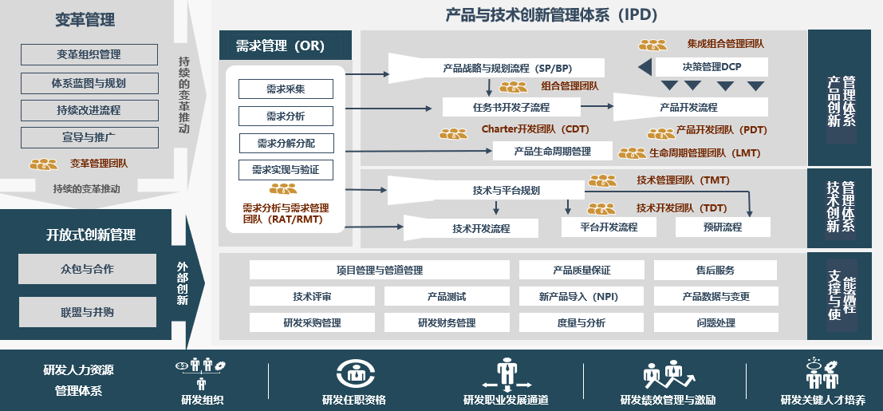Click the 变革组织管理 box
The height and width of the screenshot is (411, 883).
[89, 54]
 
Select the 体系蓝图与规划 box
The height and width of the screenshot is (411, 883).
[89, 82]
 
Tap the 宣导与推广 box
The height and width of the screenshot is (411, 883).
[89, 137]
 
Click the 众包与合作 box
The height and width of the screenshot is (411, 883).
[87, 269]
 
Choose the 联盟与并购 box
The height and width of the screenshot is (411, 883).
[87, 312]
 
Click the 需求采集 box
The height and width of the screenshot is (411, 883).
[286, 89]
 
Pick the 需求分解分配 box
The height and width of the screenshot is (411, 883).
[286, 143]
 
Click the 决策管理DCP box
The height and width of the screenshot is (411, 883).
[712, 67]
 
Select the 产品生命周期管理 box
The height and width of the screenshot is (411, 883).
[552, 151]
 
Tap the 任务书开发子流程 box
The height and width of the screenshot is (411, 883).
[510, 107]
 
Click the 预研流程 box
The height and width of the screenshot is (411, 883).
[723, 227]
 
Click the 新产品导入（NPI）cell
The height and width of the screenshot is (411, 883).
[581, 296]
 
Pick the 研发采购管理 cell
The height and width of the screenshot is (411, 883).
[312, 323]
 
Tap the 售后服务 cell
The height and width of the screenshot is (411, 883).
[715, 270]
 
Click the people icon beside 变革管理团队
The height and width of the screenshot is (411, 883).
[44, 164]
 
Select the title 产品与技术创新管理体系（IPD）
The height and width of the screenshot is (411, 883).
[551, 14]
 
